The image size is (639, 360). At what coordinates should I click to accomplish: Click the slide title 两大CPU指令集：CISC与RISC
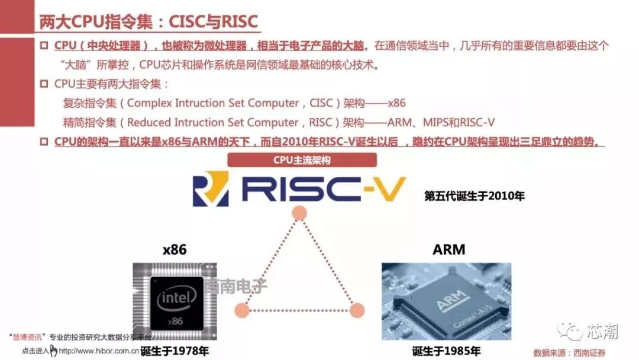tap(149, 21)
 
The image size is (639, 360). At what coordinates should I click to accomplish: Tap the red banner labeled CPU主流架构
tap(302, 160)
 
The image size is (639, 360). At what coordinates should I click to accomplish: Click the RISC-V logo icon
tap(211, 189)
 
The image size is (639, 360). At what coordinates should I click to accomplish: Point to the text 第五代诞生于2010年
tap(475, 196)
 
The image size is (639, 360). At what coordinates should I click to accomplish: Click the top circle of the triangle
tap(299, 213)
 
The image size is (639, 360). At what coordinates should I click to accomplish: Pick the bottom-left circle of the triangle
tap(242, 310)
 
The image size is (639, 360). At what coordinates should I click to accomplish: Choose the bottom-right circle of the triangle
tap(357, 310)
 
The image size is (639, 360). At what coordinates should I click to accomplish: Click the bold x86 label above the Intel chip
tap(175, 249)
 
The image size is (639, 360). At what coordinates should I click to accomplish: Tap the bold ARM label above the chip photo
tap(448, 249)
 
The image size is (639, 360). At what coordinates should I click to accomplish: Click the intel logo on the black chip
tap(176, 298)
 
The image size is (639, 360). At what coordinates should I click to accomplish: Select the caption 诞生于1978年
tap(175, 351)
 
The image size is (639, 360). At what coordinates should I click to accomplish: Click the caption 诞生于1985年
tap(446, 351)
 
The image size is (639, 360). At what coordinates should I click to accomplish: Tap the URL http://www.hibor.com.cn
tap(99, 351)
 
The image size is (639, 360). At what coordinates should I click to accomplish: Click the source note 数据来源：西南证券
tap(569, 353)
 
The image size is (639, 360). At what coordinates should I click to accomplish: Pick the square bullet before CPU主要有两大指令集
tap(44, 84)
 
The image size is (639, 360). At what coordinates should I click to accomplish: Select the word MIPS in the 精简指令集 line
tap(435, 123)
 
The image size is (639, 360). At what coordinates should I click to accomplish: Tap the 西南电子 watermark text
tap(236, 286)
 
